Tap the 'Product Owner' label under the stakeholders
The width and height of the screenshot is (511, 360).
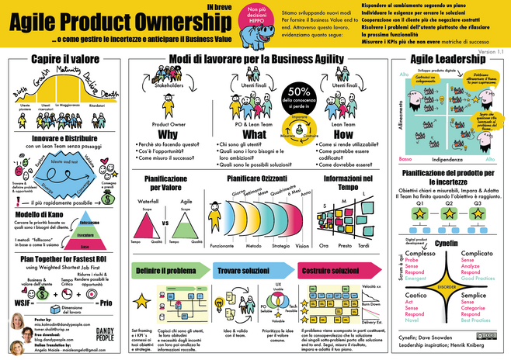coord(169,123)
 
